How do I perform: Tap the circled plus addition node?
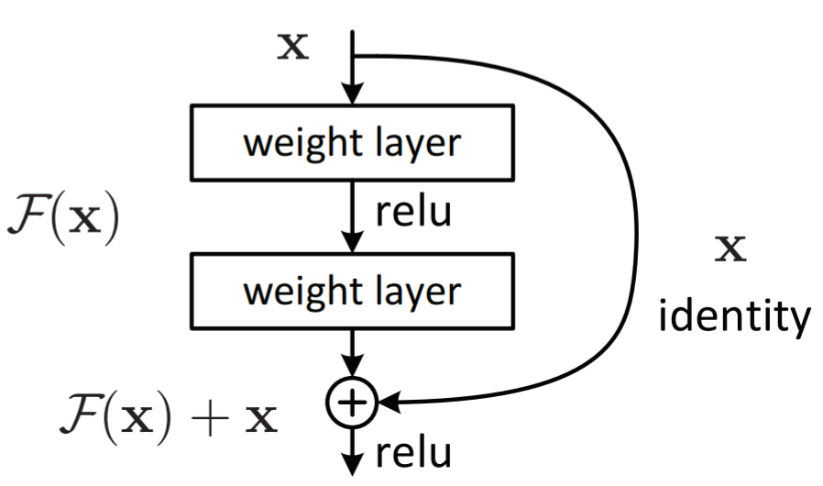(352, 403)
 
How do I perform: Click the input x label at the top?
(293, 46)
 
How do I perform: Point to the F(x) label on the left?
(63, 218)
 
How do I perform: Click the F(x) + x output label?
(169, 419)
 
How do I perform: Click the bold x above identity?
(730, 249)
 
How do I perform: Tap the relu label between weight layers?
(413, 212)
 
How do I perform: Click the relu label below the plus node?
(413, 453)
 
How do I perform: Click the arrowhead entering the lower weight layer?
(352, 242)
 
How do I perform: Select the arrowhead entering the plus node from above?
(352, 366)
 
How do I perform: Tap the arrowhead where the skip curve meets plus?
(390, 403)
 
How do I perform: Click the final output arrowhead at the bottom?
(352, 465)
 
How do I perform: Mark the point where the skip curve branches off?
(353, 55)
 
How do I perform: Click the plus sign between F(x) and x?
(210, 419)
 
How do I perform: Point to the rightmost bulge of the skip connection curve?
(637, 231)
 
